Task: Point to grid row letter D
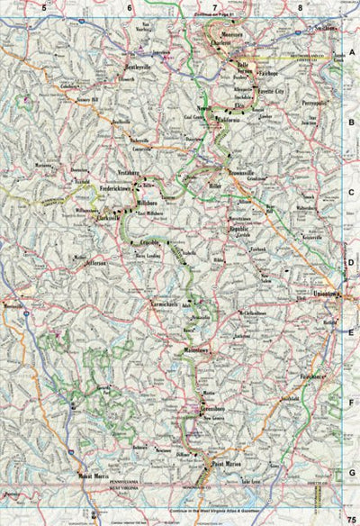352,263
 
